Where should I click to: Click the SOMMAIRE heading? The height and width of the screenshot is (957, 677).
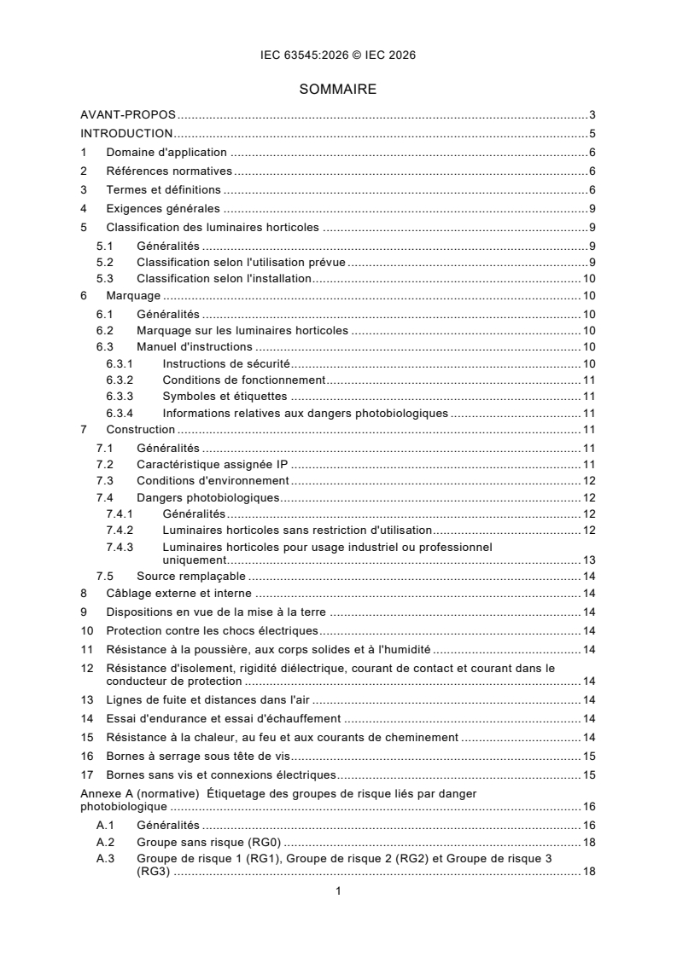338,89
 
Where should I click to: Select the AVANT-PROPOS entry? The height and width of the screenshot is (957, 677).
128,114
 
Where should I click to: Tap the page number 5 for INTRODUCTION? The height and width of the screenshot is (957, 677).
592,133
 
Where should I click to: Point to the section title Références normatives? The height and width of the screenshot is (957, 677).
162,171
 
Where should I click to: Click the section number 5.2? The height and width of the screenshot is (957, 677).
104,262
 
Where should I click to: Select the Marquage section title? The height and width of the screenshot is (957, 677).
133,296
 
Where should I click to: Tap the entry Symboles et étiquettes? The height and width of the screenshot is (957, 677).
225,397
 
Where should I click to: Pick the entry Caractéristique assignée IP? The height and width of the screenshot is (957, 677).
214,464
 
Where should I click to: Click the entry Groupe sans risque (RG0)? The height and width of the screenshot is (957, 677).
199,842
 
